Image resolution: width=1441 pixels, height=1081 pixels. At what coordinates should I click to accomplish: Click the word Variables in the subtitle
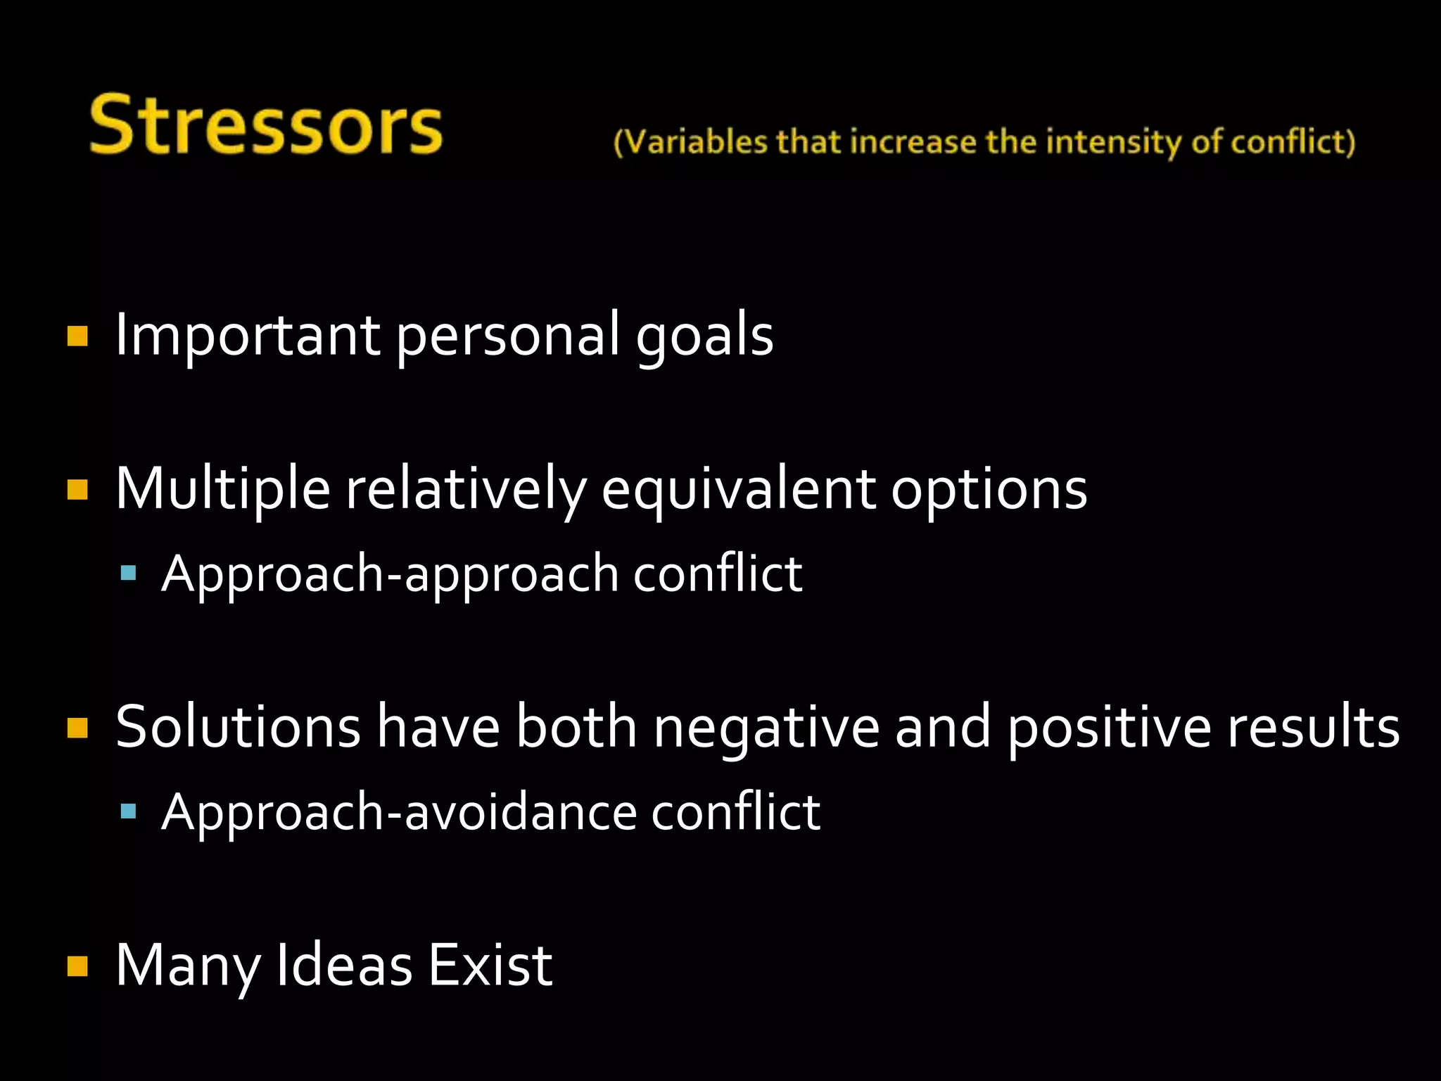[694, 142]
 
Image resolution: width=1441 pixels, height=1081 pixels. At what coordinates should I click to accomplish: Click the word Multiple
[222, 489]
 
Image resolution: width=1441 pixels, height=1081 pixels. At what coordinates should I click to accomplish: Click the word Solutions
[238, 726]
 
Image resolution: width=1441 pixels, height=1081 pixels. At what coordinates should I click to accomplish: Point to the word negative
[766, 728]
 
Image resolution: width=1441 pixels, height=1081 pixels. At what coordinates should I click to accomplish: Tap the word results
[1313, 726]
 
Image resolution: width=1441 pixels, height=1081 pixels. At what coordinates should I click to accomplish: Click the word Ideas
[344, 965]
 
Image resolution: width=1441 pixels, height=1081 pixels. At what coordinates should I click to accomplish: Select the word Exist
[490, 965]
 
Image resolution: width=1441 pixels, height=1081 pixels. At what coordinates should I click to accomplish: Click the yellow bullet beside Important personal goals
[77, 336]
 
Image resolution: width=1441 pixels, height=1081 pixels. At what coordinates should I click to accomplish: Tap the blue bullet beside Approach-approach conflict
[128, 573]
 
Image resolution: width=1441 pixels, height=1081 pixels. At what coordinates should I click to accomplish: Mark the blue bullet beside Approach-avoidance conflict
[128, 811]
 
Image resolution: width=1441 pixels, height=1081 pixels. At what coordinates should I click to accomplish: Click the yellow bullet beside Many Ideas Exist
[77, 966]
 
